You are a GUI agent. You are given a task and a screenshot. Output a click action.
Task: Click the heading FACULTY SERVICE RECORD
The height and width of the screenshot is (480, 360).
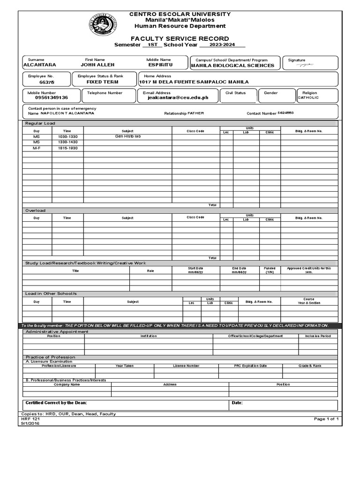tap(180, 38)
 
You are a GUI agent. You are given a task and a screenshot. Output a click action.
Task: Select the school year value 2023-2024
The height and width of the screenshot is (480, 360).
tap(223, 45)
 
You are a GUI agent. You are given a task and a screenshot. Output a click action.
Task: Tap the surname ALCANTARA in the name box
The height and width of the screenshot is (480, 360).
tap(40, 65)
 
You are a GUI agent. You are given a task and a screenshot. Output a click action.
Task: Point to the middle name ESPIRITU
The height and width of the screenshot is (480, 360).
tap(160, 65)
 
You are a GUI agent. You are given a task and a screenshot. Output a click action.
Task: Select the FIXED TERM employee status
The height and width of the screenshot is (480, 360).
tap(100, 82)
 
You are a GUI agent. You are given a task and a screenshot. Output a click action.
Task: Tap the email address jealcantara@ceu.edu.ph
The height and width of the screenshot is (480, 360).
tap(177, 98)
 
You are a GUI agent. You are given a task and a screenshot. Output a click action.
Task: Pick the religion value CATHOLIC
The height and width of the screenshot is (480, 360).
tap(308, 97)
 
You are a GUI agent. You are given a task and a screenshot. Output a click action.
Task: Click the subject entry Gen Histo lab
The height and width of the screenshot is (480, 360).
tap(127, 136)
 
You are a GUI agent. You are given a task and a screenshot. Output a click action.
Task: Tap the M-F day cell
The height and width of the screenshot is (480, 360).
tap(37, 148)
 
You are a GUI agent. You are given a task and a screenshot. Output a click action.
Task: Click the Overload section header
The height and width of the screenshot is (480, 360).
tap(35, 210)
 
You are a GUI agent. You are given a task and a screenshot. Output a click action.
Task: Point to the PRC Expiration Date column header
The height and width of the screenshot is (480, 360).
tap(250, 366)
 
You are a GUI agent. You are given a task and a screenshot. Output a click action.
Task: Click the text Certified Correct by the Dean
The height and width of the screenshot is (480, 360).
tap(56, 403)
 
